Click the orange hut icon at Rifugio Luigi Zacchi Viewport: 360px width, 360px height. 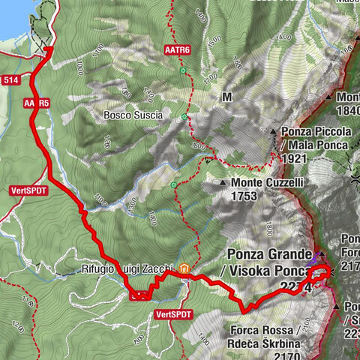(x=183, y=268)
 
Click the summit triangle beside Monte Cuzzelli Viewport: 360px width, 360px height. (x=223, y=183)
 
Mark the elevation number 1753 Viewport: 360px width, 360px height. (x=244, y=196)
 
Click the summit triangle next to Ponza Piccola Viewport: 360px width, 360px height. (x=275, y=131)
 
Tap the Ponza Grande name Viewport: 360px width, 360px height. (x=268, y=254)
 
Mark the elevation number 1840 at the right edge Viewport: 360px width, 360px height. (x=349, y=111)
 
